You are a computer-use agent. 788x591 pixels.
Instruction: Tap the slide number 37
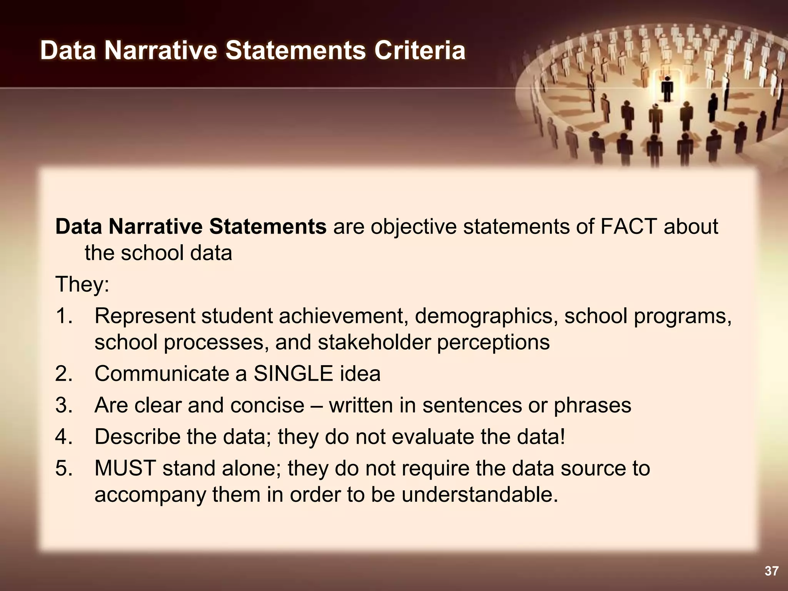pyautogui.click(x=771, y=571)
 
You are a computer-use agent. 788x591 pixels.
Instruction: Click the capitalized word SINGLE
pyautogui.click(x=293, y=374)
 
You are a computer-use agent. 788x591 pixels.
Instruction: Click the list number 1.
pyautogui.click(x=64, y=316)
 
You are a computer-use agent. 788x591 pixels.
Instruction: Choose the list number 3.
pyautogui.click(x=64, y=405)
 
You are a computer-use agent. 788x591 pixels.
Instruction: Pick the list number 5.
pyautogui.click(x=64, y=468)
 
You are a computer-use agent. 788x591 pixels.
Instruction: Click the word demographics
pyautogui.click(x=486, y=316)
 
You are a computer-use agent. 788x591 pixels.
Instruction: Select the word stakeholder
pyautogui.click(x=374, y=342)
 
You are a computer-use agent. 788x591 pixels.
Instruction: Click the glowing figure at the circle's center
pyautogui.click(x=667, y=88)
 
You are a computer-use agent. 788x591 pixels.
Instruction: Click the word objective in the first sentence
pyautogui.click(x=413, y=227)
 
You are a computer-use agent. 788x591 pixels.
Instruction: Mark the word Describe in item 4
pyautogui.click(x=137, y=437)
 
